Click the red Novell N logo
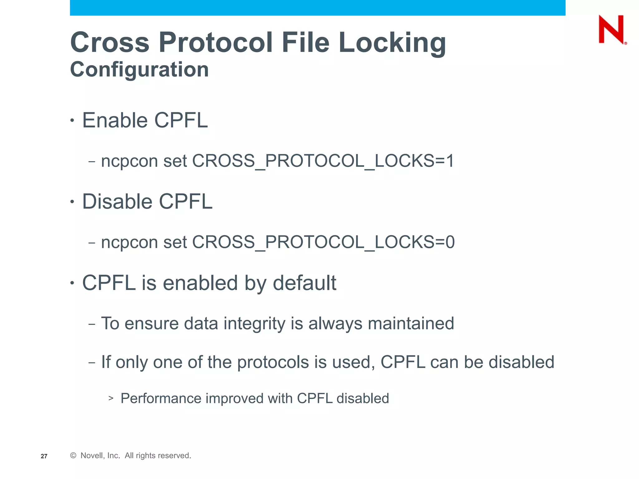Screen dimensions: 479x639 coord(612,29)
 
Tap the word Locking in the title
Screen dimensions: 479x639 coord(392,43)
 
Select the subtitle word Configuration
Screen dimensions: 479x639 coord(139,69)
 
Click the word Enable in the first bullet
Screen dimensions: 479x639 coord(115,120)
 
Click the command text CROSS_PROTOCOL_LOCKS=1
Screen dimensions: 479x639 coord(323,161)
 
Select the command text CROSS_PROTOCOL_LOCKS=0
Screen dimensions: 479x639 coord(323,242)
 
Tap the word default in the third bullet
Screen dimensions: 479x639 coord(304,283)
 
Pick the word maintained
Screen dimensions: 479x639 coord(411,323)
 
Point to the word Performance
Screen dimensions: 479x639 coord(161,399)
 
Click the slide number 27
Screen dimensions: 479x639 coord(44,456)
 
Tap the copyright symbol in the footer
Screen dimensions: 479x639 coord(73,456)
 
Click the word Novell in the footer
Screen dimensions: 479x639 coord(92,456)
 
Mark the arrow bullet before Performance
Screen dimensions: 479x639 coord(111,398)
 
